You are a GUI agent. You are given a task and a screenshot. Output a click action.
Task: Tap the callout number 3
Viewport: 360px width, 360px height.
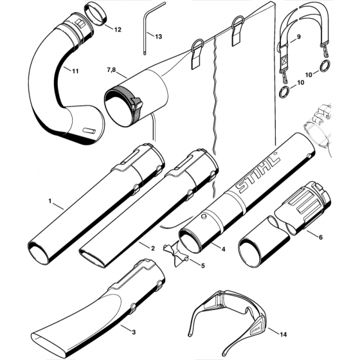(132, 314)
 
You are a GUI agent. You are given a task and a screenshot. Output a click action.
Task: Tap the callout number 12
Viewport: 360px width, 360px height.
(116, 30)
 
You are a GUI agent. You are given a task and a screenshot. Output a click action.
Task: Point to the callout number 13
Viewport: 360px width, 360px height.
(158, 37)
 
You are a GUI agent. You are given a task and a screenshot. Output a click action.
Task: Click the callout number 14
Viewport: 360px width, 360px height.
(281, 333)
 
